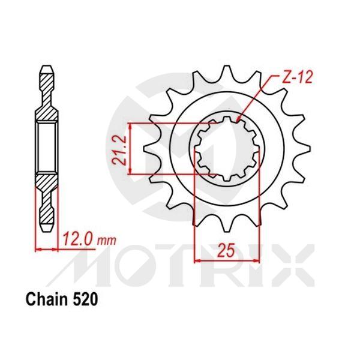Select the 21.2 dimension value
tap(121, 150)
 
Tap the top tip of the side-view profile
tap(47, 64)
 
